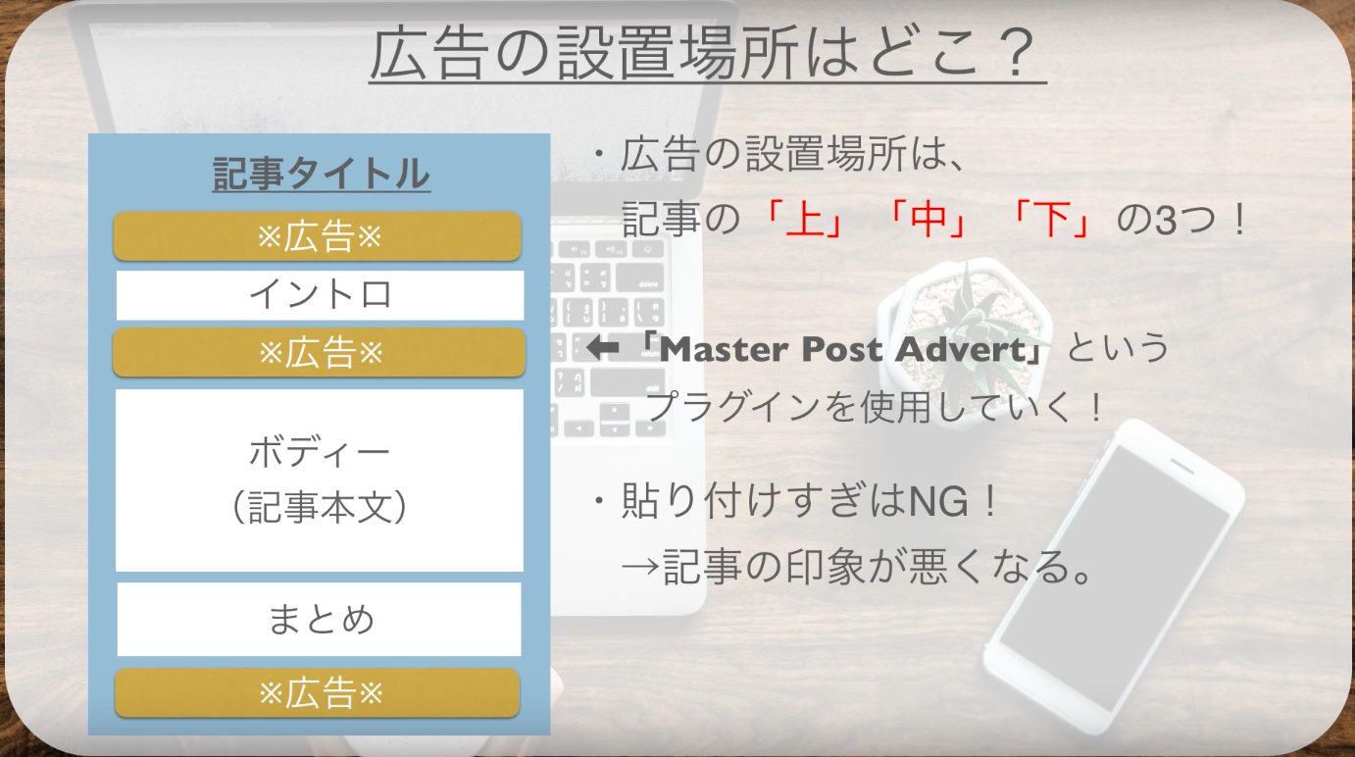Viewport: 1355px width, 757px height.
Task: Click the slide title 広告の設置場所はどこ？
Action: point(707,53)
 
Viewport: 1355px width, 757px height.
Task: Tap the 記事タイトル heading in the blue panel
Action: point(322,174)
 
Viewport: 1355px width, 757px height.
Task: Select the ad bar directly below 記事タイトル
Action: point(318,236)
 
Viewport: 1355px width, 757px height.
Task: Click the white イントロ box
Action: point(320,295)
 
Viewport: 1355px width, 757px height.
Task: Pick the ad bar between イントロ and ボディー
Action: point(319,352)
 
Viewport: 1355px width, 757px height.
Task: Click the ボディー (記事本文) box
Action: point(320,480)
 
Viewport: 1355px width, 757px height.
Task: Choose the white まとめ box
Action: point(320,619)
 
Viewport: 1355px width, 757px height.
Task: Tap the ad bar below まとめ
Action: point(318,693)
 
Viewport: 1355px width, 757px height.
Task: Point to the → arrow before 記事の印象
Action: point(640,568)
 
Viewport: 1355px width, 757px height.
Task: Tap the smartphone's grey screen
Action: point(1112,579)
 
